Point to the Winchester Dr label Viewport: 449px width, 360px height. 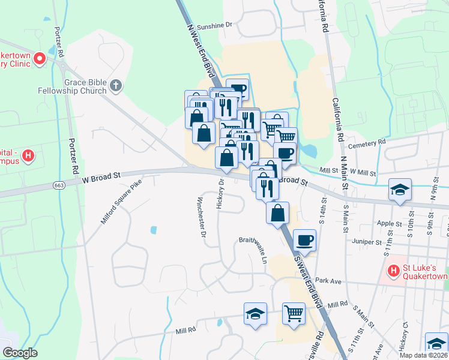coord(202,218)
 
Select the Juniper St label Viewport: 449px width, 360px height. coord(369,242)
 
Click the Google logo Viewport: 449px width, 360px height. coord(20,353)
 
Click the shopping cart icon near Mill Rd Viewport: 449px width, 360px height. coord(294,312)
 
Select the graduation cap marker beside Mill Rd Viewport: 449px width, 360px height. coord(255,313)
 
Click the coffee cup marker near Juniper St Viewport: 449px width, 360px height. coord(305,239)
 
